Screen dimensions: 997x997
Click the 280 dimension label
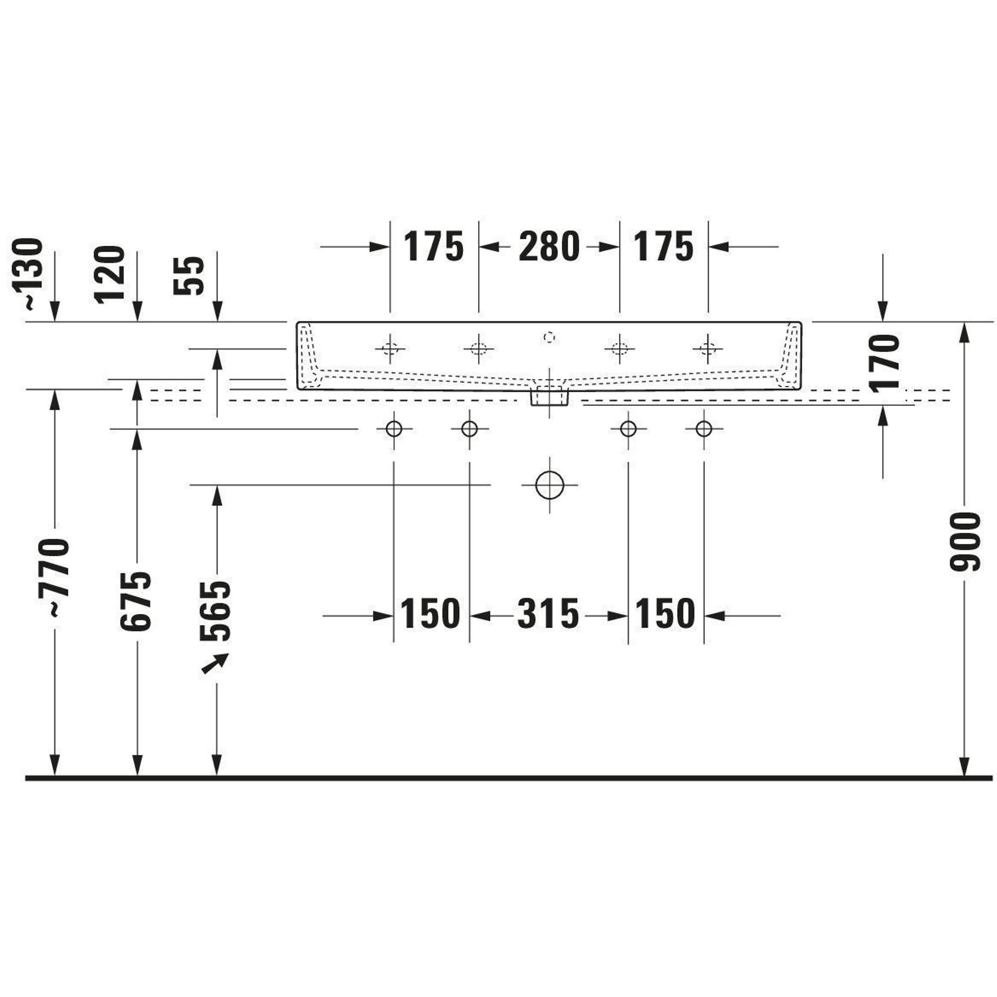[x=549, y=247]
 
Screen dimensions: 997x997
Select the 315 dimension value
[x=548, y=614]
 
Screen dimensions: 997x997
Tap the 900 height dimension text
[x=965, y=542]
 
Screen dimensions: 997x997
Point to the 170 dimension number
[x=884, y=364]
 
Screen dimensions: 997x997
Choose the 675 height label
[x=136, y=601]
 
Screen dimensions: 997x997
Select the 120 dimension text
[x=110, y=274]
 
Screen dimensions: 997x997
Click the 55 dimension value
[x=189, y=276]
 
